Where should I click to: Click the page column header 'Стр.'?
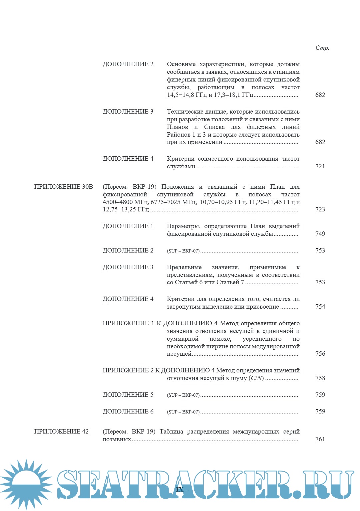(x=322, y=48)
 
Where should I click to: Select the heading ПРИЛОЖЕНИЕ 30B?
(x=63, y=187)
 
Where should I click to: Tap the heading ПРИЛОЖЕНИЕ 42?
(x=61, y=432)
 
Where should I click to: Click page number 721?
(x=320, y=166)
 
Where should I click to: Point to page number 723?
(x=320, y=209)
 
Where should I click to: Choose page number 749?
(x=320, y=234)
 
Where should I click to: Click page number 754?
(x=320, y=307)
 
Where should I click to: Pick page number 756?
(x=320, y=354)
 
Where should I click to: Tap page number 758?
(x=320, y=378)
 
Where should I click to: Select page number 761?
(x=320, y=439)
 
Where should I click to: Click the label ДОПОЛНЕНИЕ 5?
(x=128, y=395)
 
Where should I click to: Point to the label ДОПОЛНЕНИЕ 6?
(x=128, y=411)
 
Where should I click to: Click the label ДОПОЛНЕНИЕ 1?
(x=128, y=226)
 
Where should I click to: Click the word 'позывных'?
(x=117, y=439)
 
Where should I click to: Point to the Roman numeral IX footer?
(x=180, y=490)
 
